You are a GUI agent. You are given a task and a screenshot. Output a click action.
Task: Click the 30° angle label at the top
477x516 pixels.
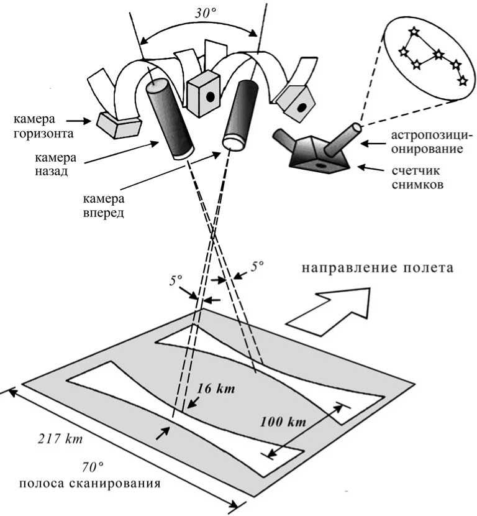coord(199,13)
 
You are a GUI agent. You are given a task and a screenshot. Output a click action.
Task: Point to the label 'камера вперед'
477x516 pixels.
coord(103,206)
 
